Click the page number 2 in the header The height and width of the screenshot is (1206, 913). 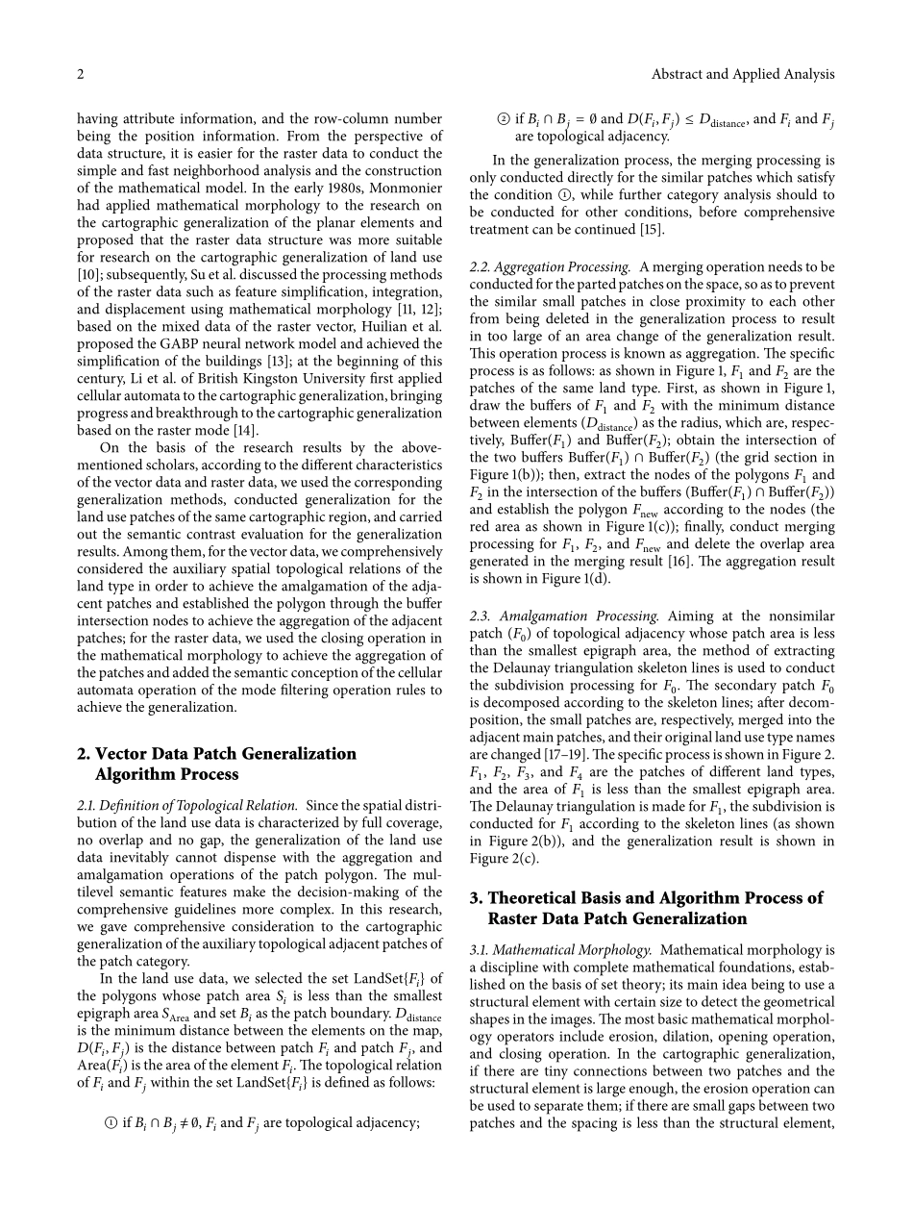81,74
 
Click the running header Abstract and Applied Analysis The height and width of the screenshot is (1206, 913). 743,74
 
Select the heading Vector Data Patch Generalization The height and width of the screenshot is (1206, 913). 216,754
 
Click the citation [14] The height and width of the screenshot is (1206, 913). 243,430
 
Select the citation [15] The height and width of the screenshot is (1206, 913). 651,230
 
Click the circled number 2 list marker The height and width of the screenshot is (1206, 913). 501,120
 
